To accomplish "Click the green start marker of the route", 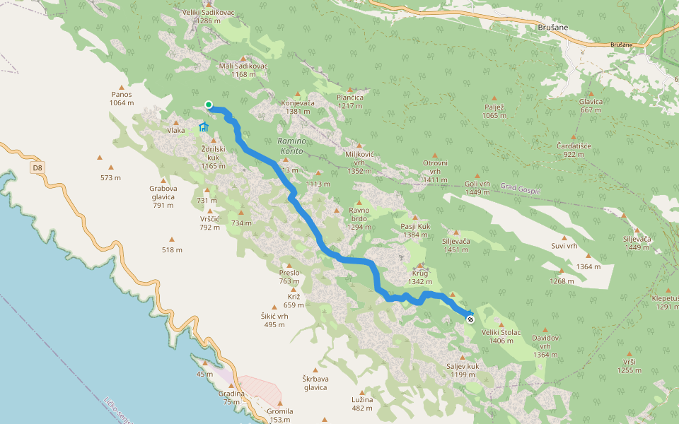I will coord(209,105).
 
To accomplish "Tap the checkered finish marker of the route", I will coord(470,319).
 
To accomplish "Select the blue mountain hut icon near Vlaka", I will coord(204,127).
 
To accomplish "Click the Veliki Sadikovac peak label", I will coord(207,13).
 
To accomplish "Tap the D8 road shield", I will coord(37,168).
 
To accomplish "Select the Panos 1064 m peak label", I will coord(122,98).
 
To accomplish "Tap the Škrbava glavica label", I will coord(315,382).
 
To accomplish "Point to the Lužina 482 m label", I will coord(361,404).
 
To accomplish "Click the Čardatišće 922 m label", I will coord(574,150).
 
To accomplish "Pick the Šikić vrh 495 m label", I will coord(274,320).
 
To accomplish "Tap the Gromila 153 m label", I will coord(279,416).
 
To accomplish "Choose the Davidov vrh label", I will coord(545,347).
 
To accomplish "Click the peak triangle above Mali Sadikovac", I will coord(245,58).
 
